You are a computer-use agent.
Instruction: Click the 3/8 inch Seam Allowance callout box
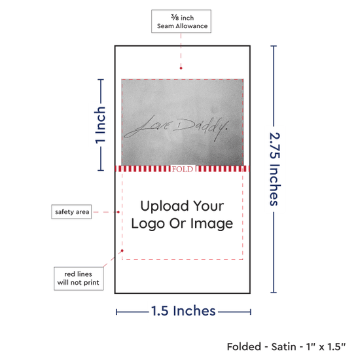pos(181,21)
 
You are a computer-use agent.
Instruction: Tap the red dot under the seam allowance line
pos(181,68)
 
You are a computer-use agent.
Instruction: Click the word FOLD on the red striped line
pos(183,169)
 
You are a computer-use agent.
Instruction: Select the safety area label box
pos(71,211)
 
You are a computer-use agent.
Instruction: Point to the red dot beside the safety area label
pos(118,212)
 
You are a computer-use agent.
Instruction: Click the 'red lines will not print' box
pos(79,278)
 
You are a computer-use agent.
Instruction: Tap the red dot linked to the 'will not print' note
pos(122,251)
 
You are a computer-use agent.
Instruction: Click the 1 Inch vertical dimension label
pos(100,125)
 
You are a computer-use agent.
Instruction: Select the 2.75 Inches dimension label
pos(274,169)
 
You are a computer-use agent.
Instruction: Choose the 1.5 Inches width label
pos(183,311)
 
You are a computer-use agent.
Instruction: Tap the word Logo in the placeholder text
pos(148,224)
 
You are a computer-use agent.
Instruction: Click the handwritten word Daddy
pos(201,128)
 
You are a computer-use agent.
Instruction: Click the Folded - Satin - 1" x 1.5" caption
pos(286,347)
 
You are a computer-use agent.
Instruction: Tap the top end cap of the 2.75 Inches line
pos(274,46)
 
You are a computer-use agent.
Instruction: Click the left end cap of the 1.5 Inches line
pos(117,312)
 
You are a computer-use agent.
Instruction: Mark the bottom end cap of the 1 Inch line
pos(101,170)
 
